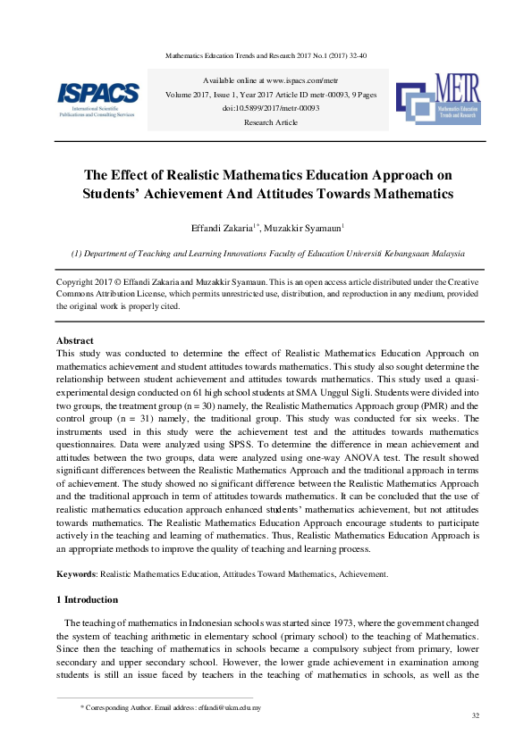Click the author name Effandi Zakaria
coord(236,228)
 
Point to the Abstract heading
coord(75,340)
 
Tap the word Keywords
coord(76,574)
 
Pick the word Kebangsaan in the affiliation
coord(389,254)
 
